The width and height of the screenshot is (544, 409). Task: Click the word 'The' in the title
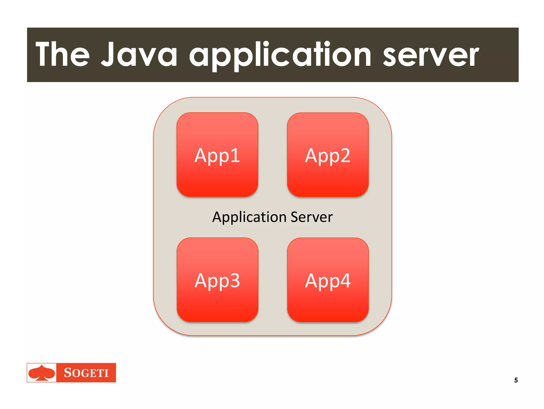[x=63, y=54]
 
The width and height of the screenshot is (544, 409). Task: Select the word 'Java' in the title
[x=139, y=54]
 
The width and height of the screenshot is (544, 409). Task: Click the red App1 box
[x=217, y=154]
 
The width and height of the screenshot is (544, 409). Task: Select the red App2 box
[x=328, y=154]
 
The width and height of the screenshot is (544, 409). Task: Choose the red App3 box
[x=217, y=280]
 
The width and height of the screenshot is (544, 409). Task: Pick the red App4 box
[x=328, y=280]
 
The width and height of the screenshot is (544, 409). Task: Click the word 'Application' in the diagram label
[x=249, y=217]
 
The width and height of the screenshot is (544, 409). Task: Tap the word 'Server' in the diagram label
[x=312, y=217]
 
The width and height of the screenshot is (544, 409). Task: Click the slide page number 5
[x=516, y=380]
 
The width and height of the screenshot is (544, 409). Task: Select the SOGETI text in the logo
[x=86, y=373]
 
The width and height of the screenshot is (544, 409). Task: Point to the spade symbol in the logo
[x=42, y=373]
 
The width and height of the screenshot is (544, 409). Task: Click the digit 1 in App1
[x=235, y=155]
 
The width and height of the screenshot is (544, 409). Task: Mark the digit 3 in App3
[x=235, y=280]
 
